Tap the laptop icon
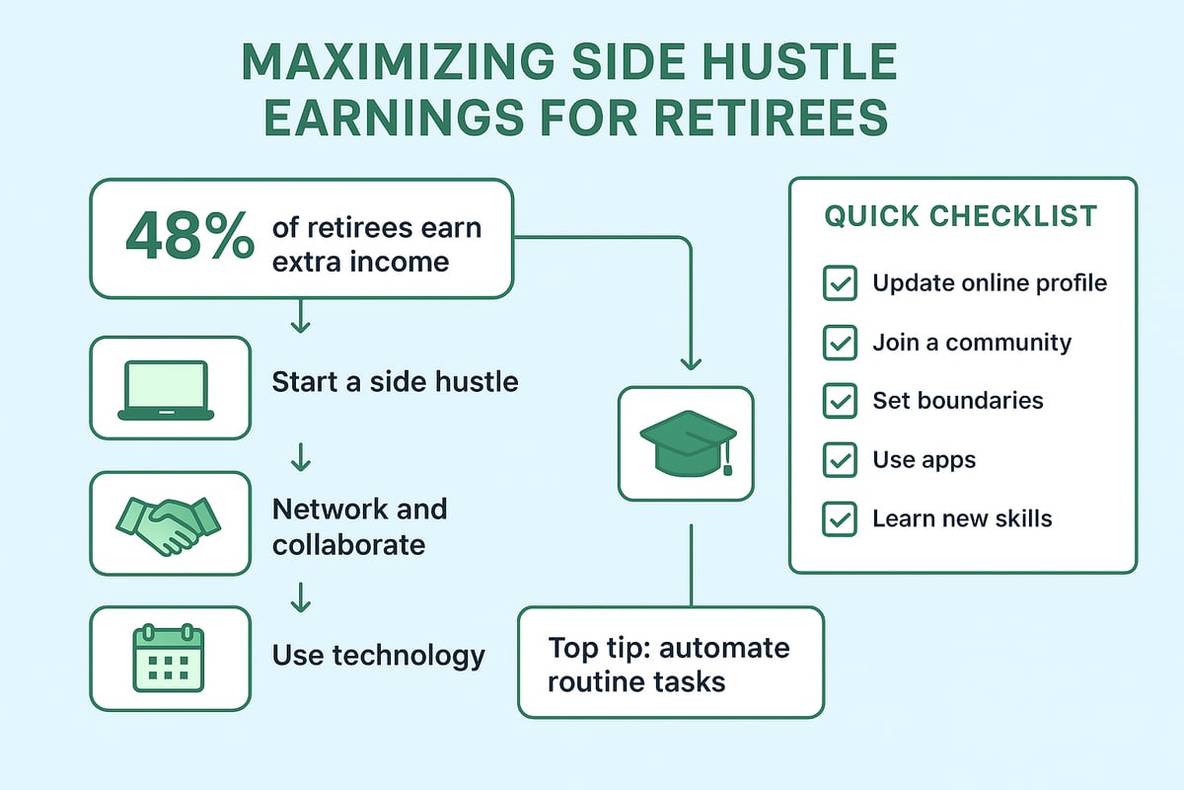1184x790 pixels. click(x=166, y=389)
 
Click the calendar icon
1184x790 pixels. click(x=168, y=658)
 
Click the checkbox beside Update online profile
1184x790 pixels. click(x=839, y=284)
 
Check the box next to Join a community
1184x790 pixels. click(x=839, y=344)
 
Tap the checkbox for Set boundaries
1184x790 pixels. click(x=839, y=402)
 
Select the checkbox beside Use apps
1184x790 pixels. click(x=839, y=460)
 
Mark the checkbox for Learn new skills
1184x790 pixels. click(x=839, y=519)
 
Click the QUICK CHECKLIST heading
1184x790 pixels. click(x=961, y=216)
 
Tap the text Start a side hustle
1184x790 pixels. click(x=395, y=381)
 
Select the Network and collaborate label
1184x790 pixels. click(x=359, y=526)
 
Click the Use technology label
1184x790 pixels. click(x=378, y=655)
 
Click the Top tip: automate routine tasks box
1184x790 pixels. click(x=670, y=663)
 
